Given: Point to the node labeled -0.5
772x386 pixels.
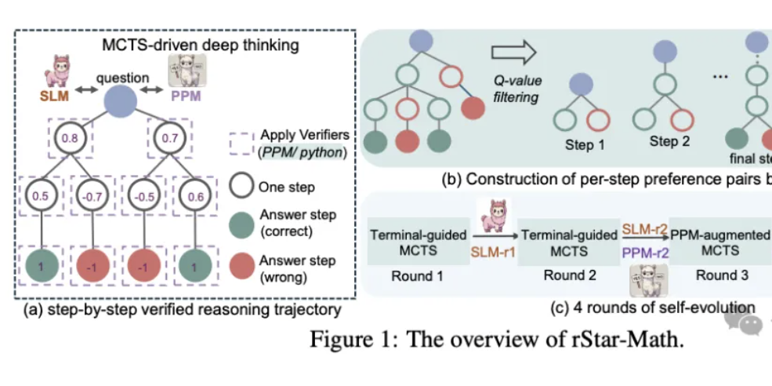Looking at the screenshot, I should [x=143, y=196].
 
